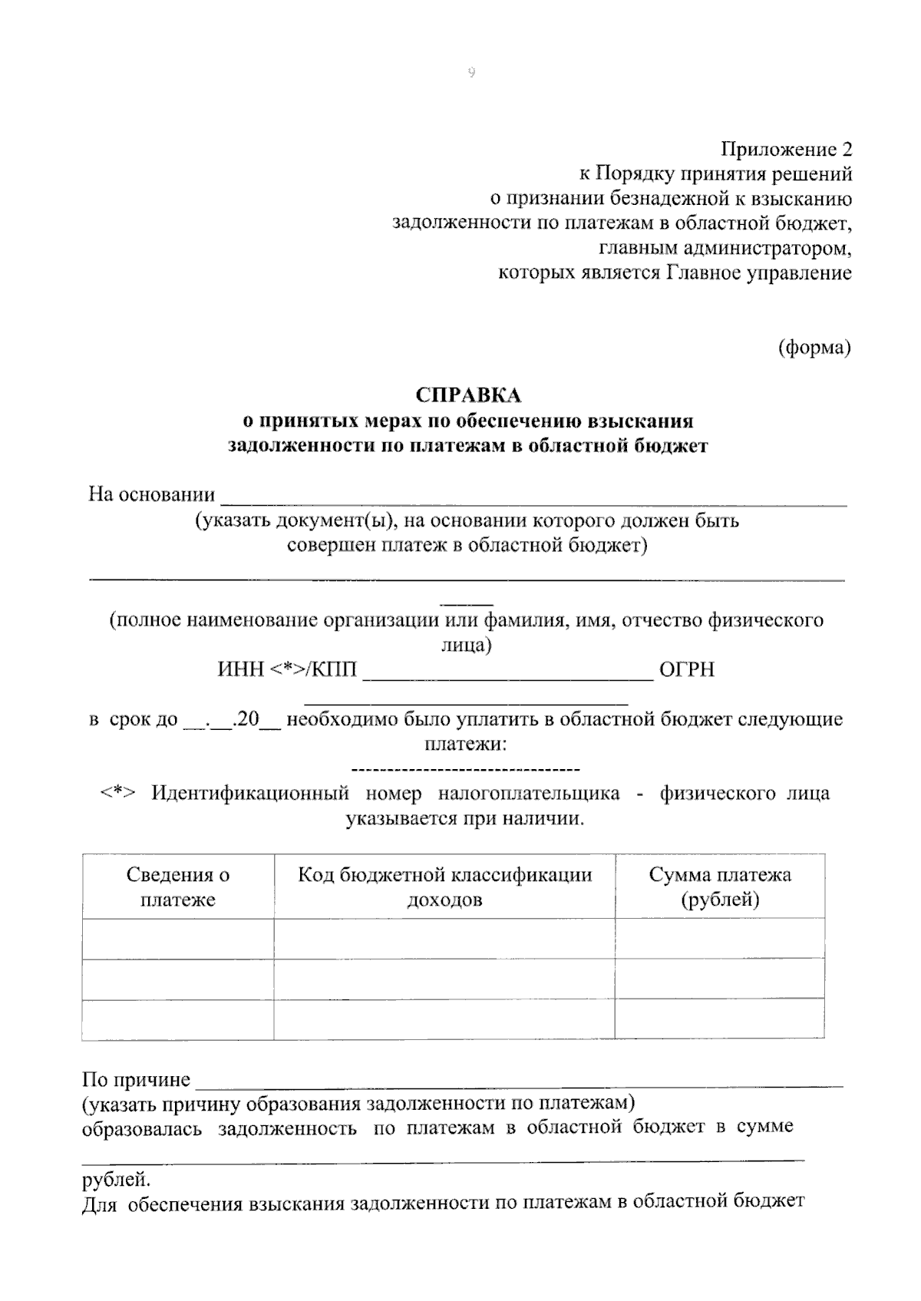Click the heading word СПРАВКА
click(x=468, y=395)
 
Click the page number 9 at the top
click(x=471, y=73)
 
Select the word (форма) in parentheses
click(x=814, y=348)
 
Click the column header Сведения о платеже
click(x=178, y=887)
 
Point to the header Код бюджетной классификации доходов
click(x=444, y=887)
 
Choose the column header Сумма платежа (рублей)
click(x=720, y=887)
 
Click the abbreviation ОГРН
click(x=687, y=669)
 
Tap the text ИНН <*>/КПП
click(x=288, y=669)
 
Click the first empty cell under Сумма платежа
click(x=720, y=938)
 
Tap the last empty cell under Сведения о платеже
click(x=178, y=1020)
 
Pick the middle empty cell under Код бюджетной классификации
click(x=444, y=979)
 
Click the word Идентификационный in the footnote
click(x=250, y=793)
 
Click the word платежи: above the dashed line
click(x=465, y=744)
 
